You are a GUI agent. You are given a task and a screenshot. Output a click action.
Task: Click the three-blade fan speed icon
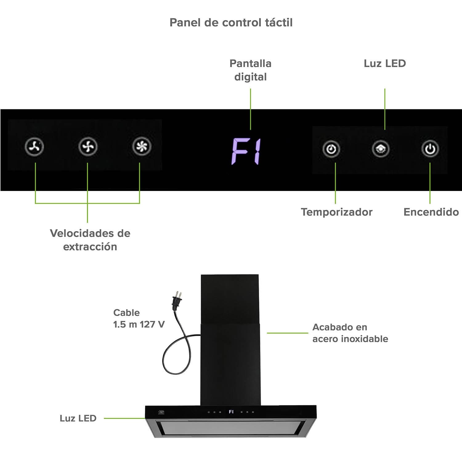[34, 147]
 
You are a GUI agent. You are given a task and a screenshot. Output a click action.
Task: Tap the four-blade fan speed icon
[88, 147]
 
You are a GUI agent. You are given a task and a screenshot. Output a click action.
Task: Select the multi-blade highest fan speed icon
[142, 146]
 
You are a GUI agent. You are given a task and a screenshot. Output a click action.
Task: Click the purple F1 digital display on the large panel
[246, 151]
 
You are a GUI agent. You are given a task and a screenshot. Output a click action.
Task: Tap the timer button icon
[331, 149]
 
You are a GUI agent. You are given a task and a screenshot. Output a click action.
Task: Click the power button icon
[430, 149]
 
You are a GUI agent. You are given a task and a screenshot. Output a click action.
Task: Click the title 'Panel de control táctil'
[231, 22]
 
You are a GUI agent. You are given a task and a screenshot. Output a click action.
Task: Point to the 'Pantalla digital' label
[250, 70]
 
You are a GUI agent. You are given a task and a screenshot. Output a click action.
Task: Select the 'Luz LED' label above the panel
[385, 63]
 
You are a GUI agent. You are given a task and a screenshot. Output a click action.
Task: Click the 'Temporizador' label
[337, 212]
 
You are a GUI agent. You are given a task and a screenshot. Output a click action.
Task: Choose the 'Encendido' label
[431, 212]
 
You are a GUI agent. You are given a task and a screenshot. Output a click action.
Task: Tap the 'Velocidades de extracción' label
[90, 240]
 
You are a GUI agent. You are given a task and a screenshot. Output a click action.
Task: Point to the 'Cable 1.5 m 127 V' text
[139, 318]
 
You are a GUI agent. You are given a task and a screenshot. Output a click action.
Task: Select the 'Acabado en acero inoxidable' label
[350, 333]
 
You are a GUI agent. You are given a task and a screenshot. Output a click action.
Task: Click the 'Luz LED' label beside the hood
[78, 418]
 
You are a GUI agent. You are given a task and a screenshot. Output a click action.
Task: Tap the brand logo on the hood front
[161, 412]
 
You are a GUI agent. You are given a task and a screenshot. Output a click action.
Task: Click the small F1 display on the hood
[231, 412]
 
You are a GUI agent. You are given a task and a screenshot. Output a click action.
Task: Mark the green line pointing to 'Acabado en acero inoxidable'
[287, 333]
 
